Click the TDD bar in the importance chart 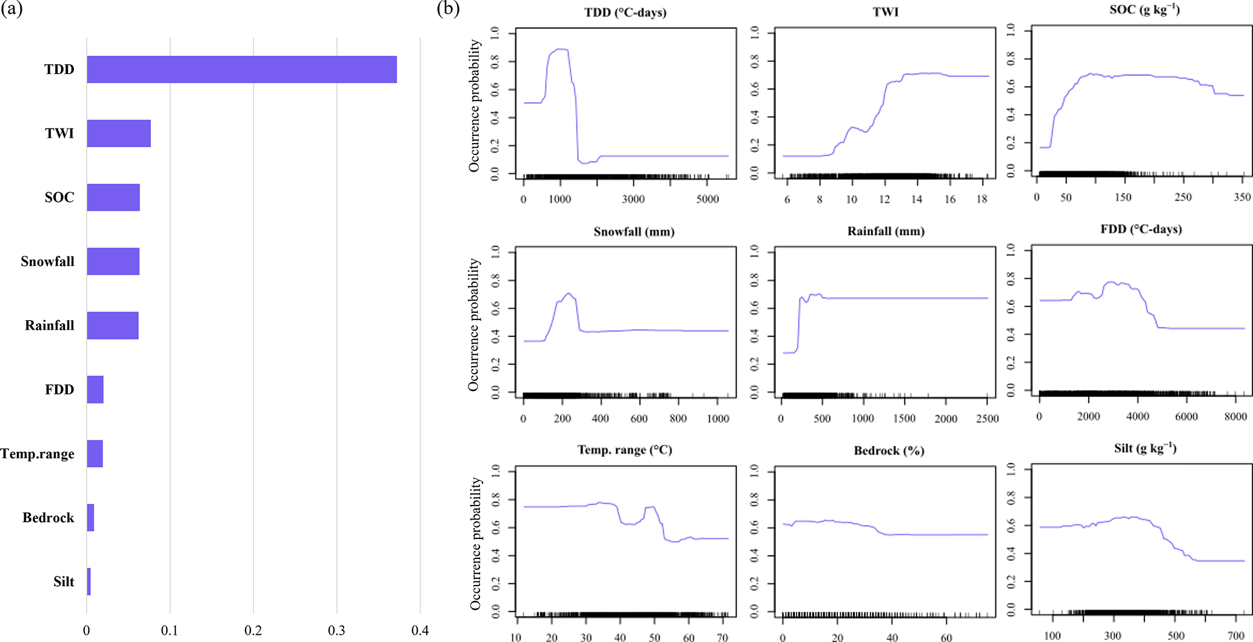pos(241,69)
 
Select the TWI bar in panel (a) pos(119,133)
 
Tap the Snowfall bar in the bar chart pos(113,261)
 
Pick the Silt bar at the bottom pos(89,581)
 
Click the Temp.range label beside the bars pos(38,454)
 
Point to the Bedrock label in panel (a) pos(48,518)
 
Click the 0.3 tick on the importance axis pos(336,630)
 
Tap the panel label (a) pos(12,10)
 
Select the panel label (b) pos(448,10)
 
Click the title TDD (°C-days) pos(625,12)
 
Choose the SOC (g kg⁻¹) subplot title pos(1144,10)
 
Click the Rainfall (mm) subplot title pos(886,231)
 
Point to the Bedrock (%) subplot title pos(889,450)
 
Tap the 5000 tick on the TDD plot pos(707,199)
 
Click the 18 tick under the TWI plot pos(982,199)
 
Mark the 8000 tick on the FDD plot pos(1235,416)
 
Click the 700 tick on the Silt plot pos(1235,636)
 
